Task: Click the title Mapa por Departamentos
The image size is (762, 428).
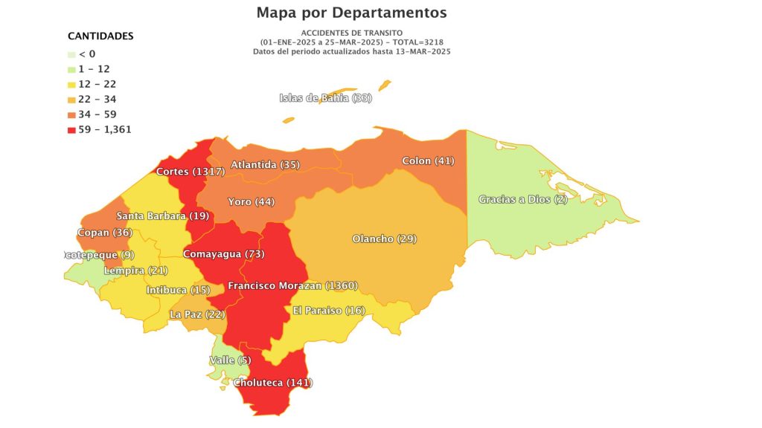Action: (351, 13)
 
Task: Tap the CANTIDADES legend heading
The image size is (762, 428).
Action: (100, 36)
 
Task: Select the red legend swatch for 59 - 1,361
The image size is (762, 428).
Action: (71, 129)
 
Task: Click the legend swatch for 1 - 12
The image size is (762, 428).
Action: (71, 69)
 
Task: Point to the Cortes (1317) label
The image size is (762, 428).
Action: (190, 172)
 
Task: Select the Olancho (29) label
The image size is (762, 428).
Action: (384, 239)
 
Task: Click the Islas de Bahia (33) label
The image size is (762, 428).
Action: (325, 98)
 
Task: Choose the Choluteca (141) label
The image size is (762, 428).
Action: (273, 383)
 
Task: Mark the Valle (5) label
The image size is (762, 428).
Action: (230, 360)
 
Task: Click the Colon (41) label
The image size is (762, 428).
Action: (428, 160)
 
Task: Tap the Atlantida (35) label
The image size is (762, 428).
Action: (265, 164)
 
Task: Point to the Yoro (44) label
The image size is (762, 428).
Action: (251, 201)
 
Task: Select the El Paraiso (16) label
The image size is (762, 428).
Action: (328, 310)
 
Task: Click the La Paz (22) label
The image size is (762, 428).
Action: (197, 314)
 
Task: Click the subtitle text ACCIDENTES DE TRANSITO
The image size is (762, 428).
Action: (352, 33)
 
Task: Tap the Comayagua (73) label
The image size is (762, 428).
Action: (223, 254)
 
